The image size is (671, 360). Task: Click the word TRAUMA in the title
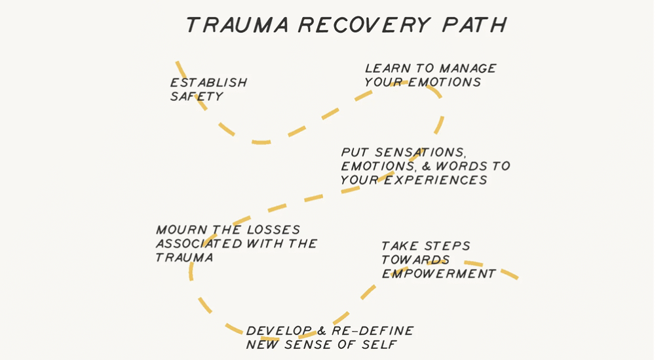point(237,25)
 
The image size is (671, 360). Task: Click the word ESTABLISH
point(208,83)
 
